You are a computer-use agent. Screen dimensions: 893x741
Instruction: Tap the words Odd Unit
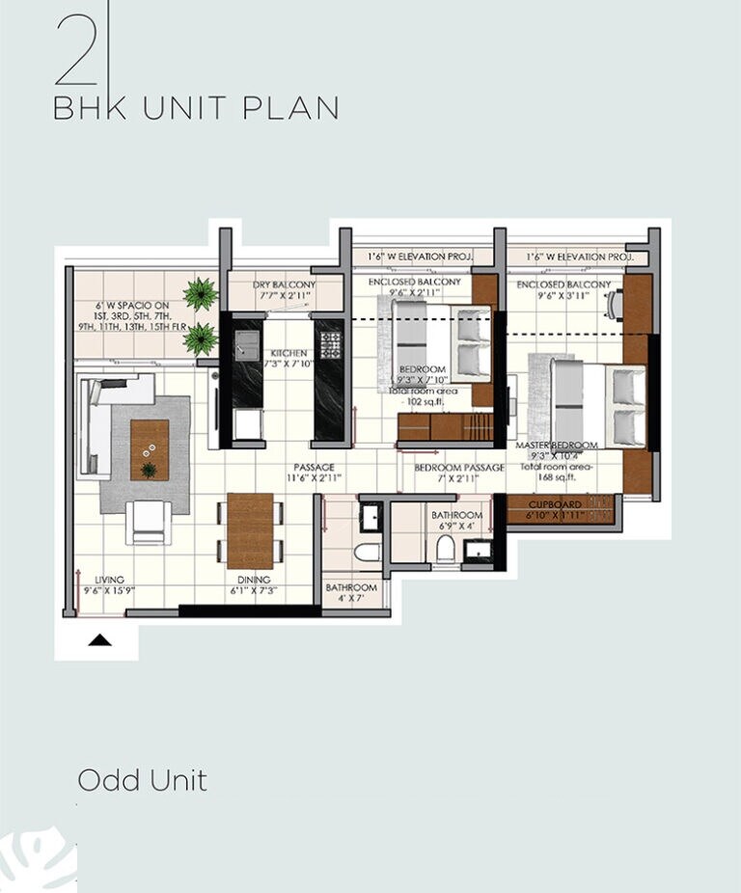142,779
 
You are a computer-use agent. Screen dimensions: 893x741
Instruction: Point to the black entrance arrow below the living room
101,638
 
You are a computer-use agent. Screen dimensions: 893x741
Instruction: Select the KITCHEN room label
288,353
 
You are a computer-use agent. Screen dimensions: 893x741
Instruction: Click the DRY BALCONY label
284,285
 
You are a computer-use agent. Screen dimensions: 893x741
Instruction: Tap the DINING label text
253,580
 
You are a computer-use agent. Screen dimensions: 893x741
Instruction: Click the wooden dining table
250,529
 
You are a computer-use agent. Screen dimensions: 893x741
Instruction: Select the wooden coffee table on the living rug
150,449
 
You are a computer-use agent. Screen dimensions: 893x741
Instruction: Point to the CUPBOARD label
555,504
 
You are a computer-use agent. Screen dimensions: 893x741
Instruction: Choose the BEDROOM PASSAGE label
459,468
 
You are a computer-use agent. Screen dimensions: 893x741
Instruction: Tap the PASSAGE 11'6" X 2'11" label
314,473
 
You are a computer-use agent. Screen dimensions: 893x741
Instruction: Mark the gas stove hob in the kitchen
331,343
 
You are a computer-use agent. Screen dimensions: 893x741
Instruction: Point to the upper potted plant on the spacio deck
201,292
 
